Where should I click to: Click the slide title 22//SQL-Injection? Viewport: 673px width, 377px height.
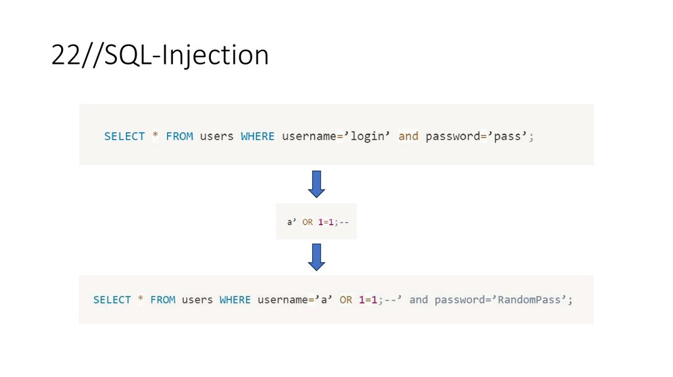point(160,55)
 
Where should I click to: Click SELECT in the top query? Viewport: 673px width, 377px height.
point(124,137)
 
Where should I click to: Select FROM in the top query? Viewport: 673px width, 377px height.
point(179,137)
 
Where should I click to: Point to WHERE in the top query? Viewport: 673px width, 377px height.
point(257,137)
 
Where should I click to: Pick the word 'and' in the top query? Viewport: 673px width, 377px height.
point(408,137)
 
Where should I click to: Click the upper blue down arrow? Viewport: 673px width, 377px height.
point(317,184)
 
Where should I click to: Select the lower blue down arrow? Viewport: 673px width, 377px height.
point(317,257)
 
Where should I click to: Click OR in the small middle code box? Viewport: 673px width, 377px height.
point(308,222)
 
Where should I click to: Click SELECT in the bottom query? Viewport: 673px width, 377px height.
point(112,299)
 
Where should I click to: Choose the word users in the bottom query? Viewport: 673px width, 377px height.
point(197,299)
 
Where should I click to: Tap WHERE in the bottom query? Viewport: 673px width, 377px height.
point(235,299)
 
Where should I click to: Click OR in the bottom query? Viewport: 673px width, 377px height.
point(346,299)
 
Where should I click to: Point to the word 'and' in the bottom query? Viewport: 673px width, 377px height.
point(419,299)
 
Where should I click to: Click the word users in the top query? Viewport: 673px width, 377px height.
point(217,137)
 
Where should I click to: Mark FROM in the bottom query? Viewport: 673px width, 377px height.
point(163,299)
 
